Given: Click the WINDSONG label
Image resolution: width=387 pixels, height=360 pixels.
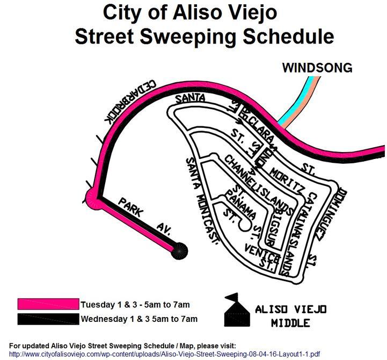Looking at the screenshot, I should [317, 68].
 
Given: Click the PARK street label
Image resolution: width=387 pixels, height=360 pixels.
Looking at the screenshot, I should [132, 207].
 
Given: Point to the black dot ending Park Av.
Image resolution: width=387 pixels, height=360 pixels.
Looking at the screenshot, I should [179, 250].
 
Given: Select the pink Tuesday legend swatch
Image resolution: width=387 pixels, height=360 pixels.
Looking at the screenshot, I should [48, 304].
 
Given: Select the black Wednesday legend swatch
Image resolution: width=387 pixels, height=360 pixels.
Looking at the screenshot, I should [48, 319].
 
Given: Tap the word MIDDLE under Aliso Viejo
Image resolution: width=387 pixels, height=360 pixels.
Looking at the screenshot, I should [290, 323].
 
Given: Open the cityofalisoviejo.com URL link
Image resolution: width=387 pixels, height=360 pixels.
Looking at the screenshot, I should [164, 355].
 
